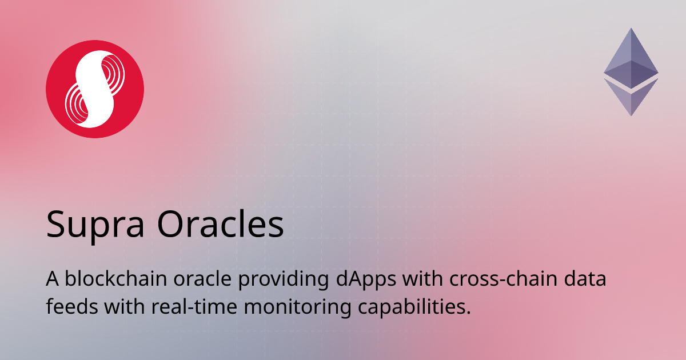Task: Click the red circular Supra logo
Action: pyautogui.click(x=95, y=89)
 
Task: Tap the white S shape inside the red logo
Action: pyautogui.click(x=95, y=89)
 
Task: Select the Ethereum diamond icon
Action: pyautogui.click(x=631, y=71)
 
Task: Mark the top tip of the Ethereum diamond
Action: pyautogui.click(x=631, y=30)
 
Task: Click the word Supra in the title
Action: pyautogui.click(x=96, y=225)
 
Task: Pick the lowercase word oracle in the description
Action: pyautogui.click(x=205, y=281)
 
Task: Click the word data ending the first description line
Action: pyautogui.click(x=587, y=281)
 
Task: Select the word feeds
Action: pyautogui.click(x=71, y=307)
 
